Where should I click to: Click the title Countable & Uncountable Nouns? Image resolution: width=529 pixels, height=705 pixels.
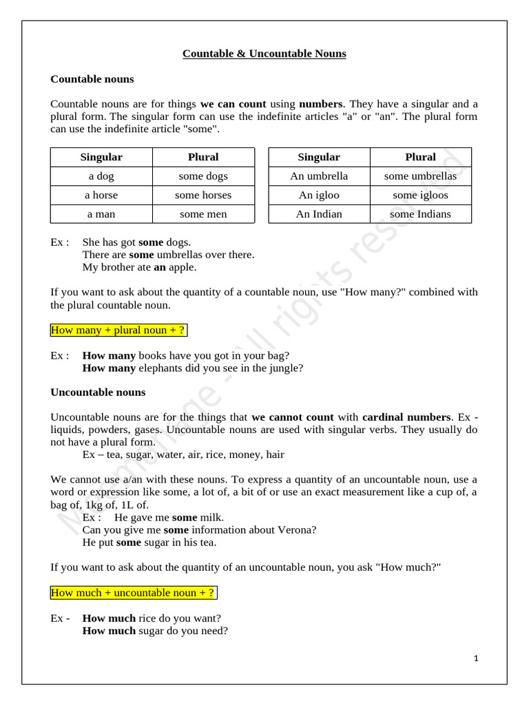pos(264,54)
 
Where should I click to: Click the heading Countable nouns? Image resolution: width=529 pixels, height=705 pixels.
pos(92,79)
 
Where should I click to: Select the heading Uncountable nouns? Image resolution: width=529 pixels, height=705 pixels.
pos(98,392)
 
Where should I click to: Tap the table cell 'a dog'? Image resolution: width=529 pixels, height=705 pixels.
pos(101,176)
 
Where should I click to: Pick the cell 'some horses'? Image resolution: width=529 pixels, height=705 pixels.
pos(203,196)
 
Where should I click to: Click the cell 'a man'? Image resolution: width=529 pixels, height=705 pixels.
pos(101,214)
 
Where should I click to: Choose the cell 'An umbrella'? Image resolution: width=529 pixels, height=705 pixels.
pos(319,176)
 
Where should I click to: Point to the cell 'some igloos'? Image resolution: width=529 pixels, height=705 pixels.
pos(420,196)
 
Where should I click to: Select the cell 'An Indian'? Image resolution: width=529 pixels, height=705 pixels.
pos(319,214)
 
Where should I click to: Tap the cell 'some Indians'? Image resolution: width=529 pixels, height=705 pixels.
pos(420,214)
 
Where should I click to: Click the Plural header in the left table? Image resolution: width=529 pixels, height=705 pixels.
pos(203,157)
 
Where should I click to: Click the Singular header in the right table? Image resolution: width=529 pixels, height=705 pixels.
pos(319,157)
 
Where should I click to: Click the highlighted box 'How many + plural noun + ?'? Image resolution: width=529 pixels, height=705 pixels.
pos(118,330)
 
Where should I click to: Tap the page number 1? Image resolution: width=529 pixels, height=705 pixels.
pos(476,658)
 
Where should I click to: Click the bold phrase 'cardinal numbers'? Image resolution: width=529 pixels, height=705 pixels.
pos(406,417)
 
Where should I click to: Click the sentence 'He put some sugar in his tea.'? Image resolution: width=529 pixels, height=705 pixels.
pos(149,543)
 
